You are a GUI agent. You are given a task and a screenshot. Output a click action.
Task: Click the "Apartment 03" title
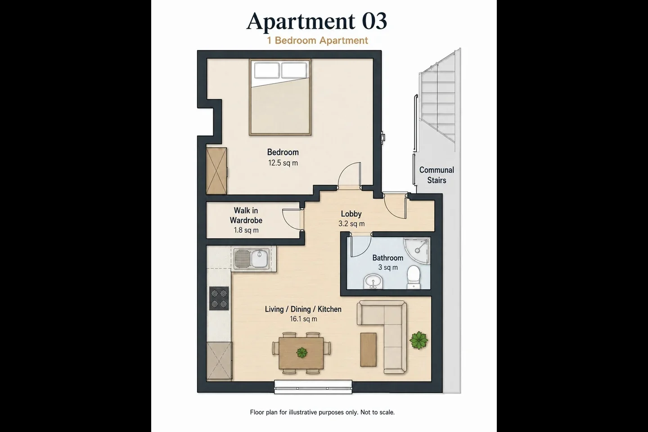point(316,21)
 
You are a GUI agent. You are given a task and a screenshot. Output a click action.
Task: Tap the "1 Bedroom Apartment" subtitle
point(317,40)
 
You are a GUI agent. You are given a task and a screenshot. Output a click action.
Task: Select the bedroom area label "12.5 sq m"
point(283,163)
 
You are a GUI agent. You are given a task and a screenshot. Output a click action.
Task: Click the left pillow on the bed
point(267,70)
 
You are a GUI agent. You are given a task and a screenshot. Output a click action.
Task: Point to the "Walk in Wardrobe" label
point(246,215)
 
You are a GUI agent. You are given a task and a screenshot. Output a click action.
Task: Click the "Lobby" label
point(351,214)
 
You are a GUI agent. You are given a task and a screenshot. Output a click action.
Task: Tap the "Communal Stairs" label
point(436,175)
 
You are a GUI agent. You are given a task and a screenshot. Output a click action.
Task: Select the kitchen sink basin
point(260,258)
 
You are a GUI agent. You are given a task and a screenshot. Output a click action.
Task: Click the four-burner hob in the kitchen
point(219,298)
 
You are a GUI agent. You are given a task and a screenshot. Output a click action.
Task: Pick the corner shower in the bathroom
point(417,251)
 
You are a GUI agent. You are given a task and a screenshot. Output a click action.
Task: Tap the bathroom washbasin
point(373,281)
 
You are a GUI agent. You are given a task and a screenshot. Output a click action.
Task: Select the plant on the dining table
point(301,352)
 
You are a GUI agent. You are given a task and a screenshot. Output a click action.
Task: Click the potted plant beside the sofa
point(418,340)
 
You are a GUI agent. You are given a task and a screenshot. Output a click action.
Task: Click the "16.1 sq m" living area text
point(303,319)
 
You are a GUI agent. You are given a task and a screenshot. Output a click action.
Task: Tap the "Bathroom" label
point(387,257)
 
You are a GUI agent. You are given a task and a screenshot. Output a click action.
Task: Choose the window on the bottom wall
point(313,387)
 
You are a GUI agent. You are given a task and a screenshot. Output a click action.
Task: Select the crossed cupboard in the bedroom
point(216,171)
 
